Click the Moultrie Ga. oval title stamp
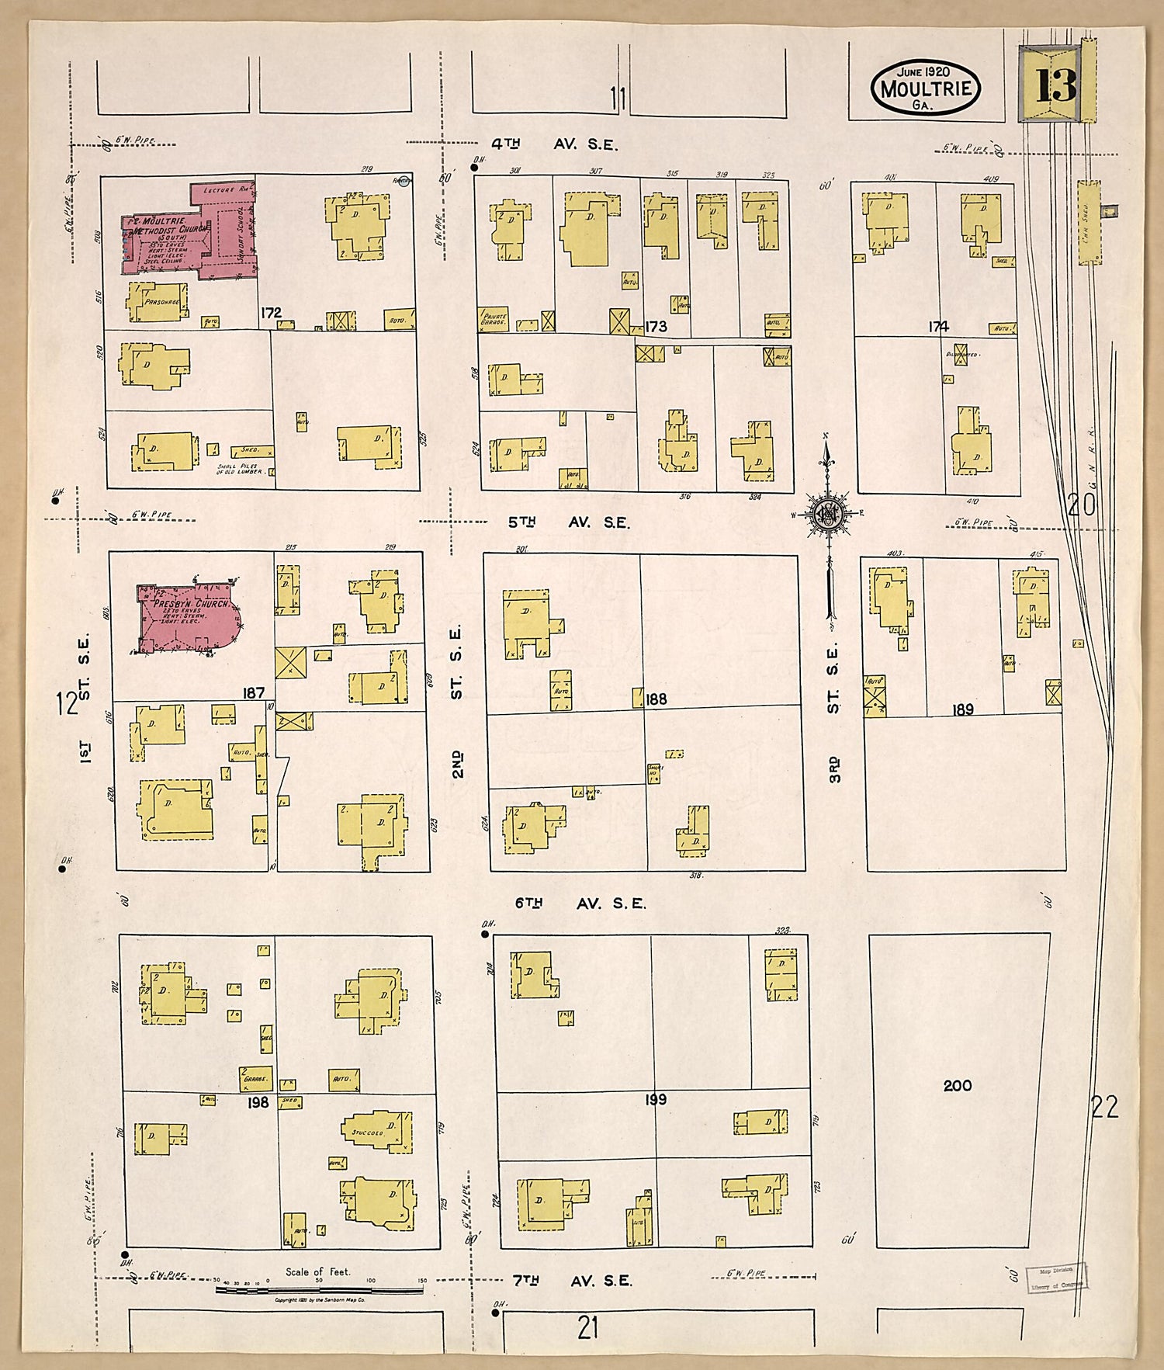pyautogui.click(x=925, y=88)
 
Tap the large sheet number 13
pyautogui.click(x=1056, y=85)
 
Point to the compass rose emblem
pyautogui.click(x=828, y=514)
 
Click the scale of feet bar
pyautogui.click(x=319, y=1290)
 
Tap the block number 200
pyautogui.click(x=957, y=1086)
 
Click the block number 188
pyautogui.click(x=656, y=699)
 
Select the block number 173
pyautogui.click(x=656, y=327)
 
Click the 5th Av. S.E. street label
pyautogui.click(x=569, y=522)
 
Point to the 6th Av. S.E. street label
pyautogui.click(x=580, y=904)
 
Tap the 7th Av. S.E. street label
pyautogui.click(x=572, y=1282)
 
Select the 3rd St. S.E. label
pyautogui.click(x=833, y=713)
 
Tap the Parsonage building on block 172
pyautogui.click(x=158, y=301)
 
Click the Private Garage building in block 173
pyautogui.click(x=494, y=318)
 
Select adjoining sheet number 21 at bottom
pyautogui.click(x=587, y=1328)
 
